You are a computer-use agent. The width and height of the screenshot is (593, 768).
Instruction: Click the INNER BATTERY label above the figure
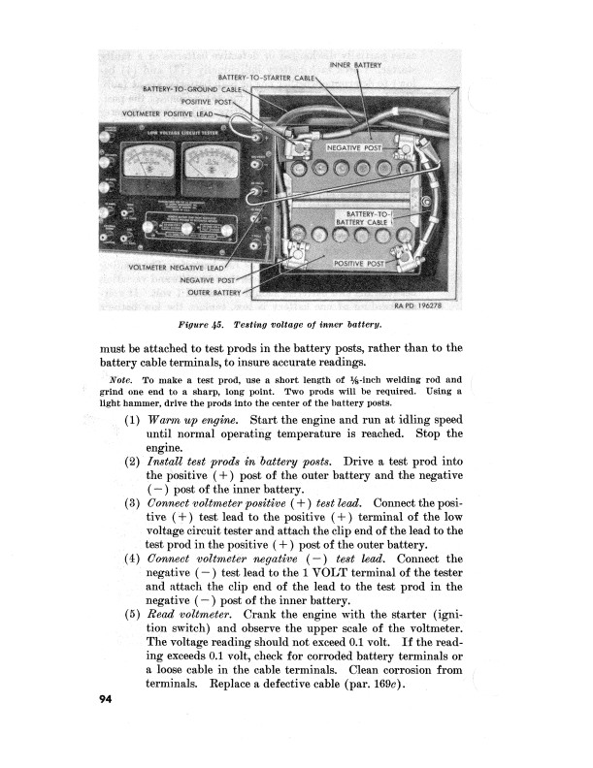tap(357, 65)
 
